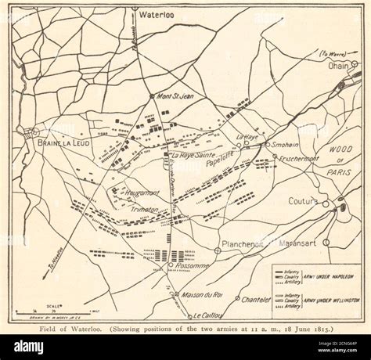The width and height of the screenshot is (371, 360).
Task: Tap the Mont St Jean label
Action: click(x=177, y=97)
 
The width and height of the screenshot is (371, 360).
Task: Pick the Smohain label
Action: click(x=287, y=145)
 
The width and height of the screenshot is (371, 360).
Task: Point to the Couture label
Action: click(x=303, y=201)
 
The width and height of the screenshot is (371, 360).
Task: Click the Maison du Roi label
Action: click(x=202, y=294)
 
